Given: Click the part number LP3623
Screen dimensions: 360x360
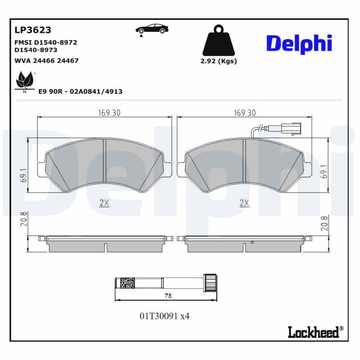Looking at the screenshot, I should point(33,30).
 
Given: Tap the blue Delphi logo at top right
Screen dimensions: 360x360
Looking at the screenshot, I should point(299,43).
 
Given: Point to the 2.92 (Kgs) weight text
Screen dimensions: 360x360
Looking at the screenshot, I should point(218,61).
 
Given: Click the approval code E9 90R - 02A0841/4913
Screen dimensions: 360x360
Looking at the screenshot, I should point(81,91).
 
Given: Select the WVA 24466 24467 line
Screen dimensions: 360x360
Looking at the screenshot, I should point(47,60).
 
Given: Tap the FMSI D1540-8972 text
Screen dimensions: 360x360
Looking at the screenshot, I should point(46,42).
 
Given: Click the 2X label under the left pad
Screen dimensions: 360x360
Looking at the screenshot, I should point(104,203).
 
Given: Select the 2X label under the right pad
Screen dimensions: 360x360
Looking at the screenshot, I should point(244,203).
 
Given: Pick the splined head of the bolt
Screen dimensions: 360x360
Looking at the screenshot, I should point(209,282).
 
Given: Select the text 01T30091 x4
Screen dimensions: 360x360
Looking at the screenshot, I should point(165,316).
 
